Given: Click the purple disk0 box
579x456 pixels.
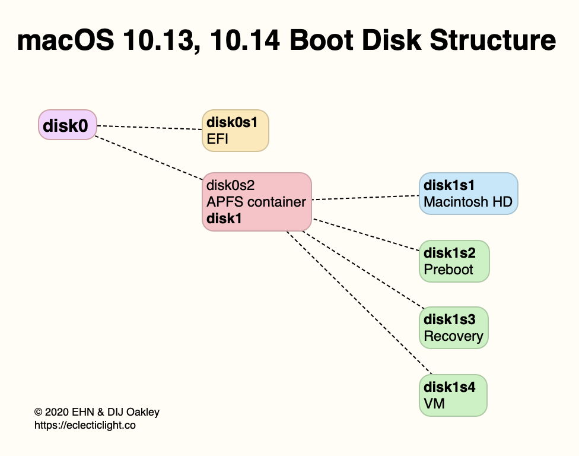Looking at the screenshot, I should [67, 125].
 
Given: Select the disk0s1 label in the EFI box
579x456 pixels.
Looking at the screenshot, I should [232, 123].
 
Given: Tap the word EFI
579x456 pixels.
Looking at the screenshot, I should [217, 140].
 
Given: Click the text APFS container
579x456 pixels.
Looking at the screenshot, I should [256, 202].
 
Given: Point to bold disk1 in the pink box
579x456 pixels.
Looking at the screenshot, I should [224, 218].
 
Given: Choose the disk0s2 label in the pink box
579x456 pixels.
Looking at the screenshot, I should [231, 185].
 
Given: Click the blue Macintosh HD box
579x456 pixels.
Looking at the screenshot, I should [468, 194].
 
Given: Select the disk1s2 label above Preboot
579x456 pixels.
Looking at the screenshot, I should [449, 253].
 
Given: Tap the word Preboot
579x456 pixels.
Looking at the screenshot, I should [448, 270].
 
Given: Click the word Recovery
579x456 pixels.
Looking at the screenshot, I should [453, 336].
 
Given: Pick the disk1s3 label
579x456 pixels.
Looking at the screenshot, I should [449, 319].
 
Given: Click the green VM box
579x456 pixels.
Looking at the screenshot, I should [453, 395].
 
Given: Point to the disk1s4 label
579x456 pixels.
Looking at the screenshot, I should [449, 387].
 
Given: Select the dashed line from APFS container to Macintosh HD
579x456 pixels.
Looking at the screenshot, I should [365, 197].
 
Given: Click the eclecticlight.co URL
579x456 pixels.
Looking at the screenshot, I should [85, 425].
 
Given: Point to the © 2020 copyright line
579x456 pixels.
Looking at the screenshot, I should [97, 412].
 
